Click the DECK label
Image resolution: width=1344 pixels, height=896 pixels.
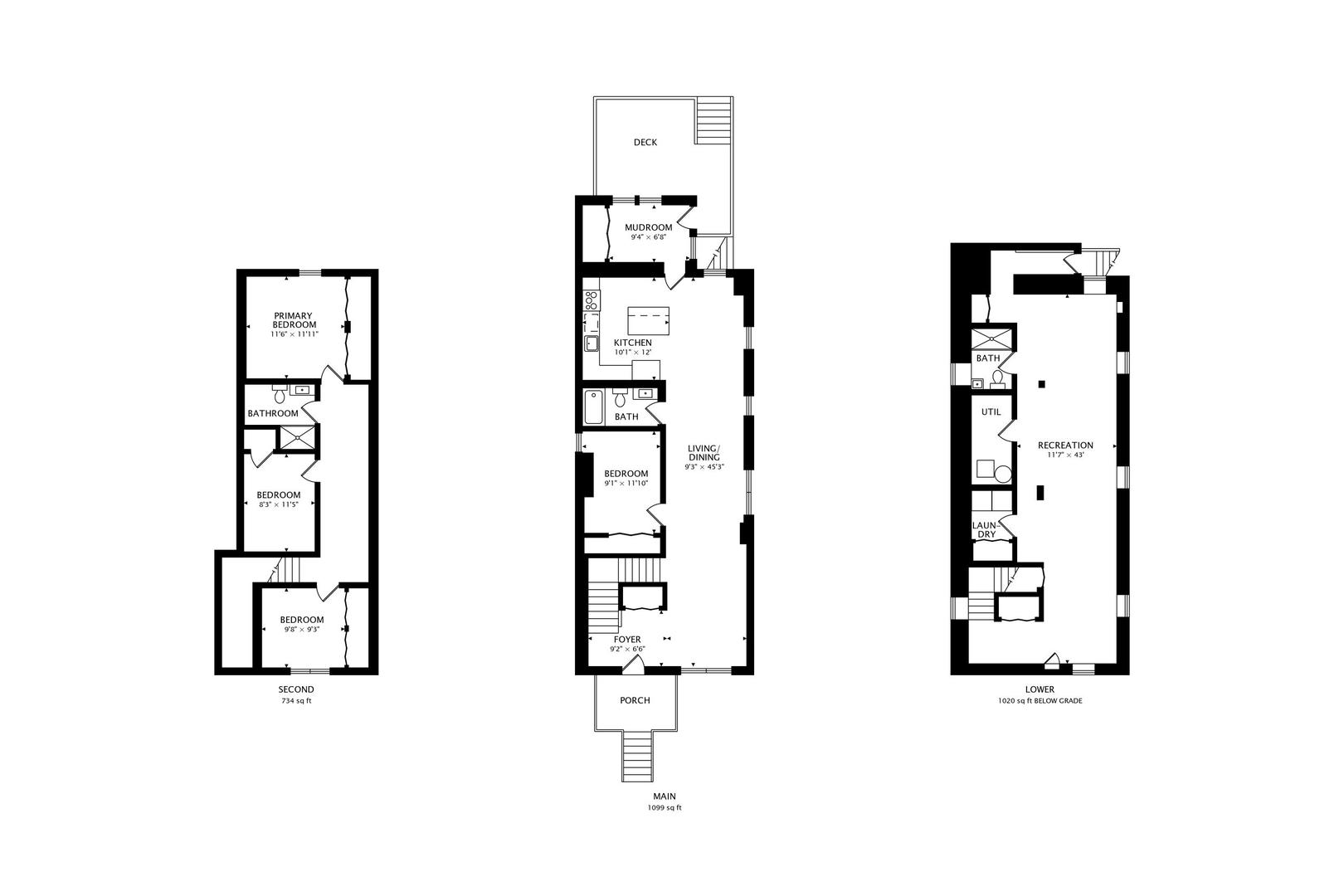645,142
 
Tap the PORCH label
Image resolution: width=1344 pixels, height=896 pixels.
635,700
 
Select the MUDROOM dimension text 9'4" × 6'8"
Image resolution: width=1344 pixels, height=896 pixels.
649,237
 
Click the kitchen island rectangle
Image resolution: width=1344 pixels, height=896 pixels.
648,321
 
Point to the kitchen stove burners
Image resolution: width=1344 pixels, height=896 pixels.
592,300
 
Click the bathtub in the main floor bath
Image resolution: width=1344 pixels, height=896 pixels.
594,407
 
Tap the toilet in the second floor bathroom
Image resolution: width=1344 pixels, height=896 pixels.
279,394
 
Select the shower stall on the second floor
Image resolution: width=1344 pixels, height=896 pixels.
297,437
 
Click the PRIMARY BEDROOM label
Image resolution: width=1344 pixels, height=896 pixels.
294,320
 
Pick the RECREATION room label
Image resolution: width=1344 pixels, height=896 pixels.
1065,446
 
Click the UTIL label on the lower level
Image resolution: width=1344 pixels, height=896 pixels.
991,411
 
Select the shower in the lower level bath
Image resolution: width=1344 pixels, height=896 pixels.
991,339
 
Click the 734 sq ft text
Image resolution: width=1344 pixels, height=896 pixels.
296,700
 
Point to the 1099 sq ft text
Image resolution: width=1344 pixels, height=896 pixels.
665,808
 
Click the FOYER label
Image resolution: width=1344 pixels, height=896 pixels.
627,640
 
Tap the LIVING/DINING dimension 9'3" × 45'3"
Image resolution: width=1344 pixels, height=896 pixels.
704,467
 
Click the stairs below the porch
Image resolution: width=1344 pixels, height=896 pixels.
636,756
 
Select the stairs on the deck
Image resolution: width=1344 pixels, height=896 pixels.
714,121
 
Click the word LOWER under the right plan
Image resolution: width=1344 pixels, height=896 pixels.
1040,689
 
